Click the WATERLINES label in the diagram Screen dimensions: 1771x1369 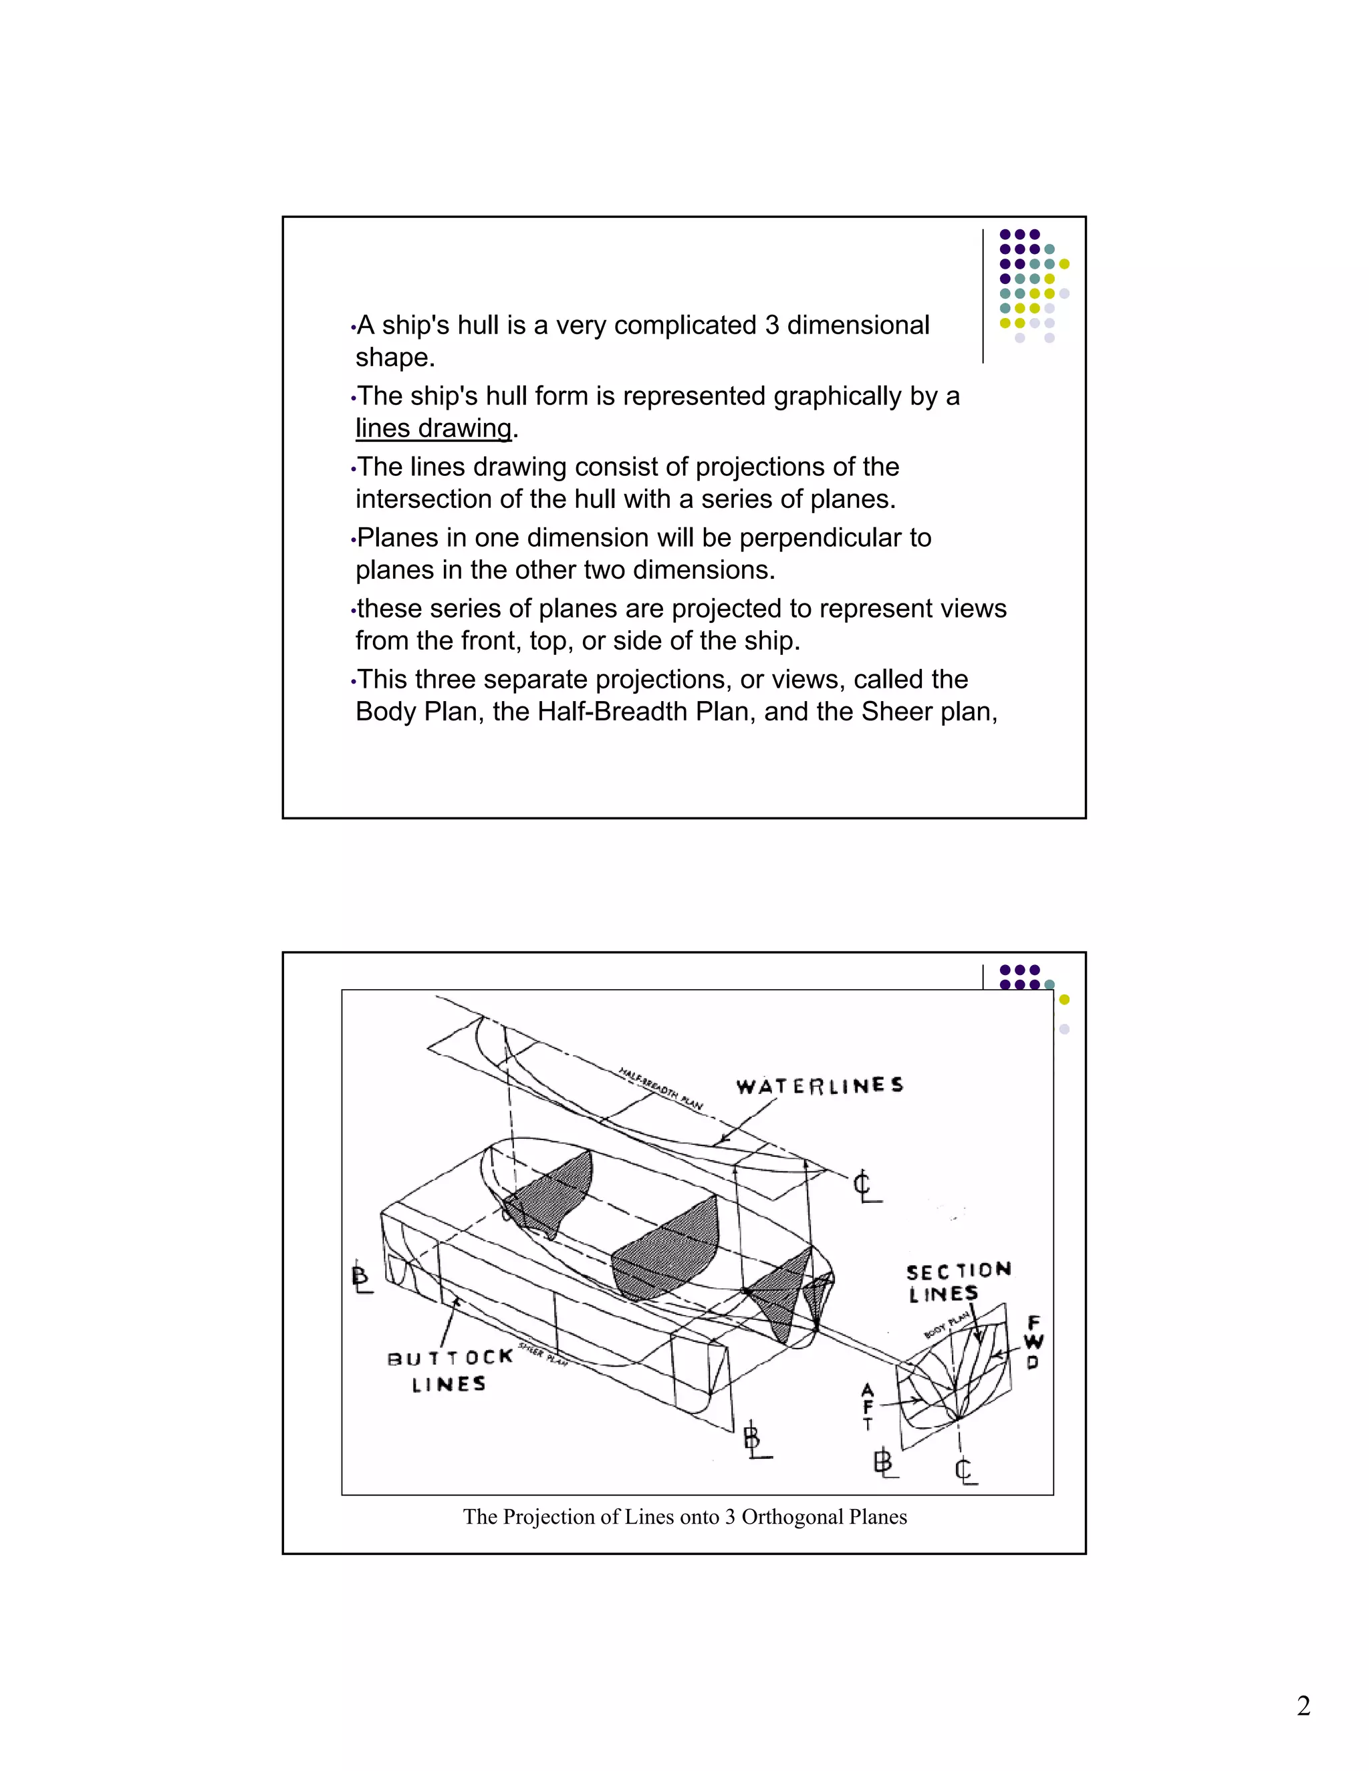819,1086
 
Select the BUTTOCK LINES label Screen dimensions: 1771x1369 449,1371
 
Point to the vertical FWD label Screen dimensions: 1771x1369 1033,1342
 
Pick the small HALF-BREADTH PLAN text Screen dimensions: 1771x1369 660,1088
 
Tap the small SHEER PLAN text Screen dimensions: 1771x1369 543,1354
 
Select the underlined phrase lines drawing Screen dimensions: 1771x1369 434,428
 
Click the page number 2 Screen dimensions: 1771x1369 1303,1706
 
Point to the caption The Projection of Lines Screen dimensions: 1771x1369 684,1516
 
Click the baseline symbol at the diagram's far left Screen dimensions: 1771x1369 362,1277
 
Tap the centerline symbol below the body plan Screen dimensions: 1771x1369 965,1470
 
